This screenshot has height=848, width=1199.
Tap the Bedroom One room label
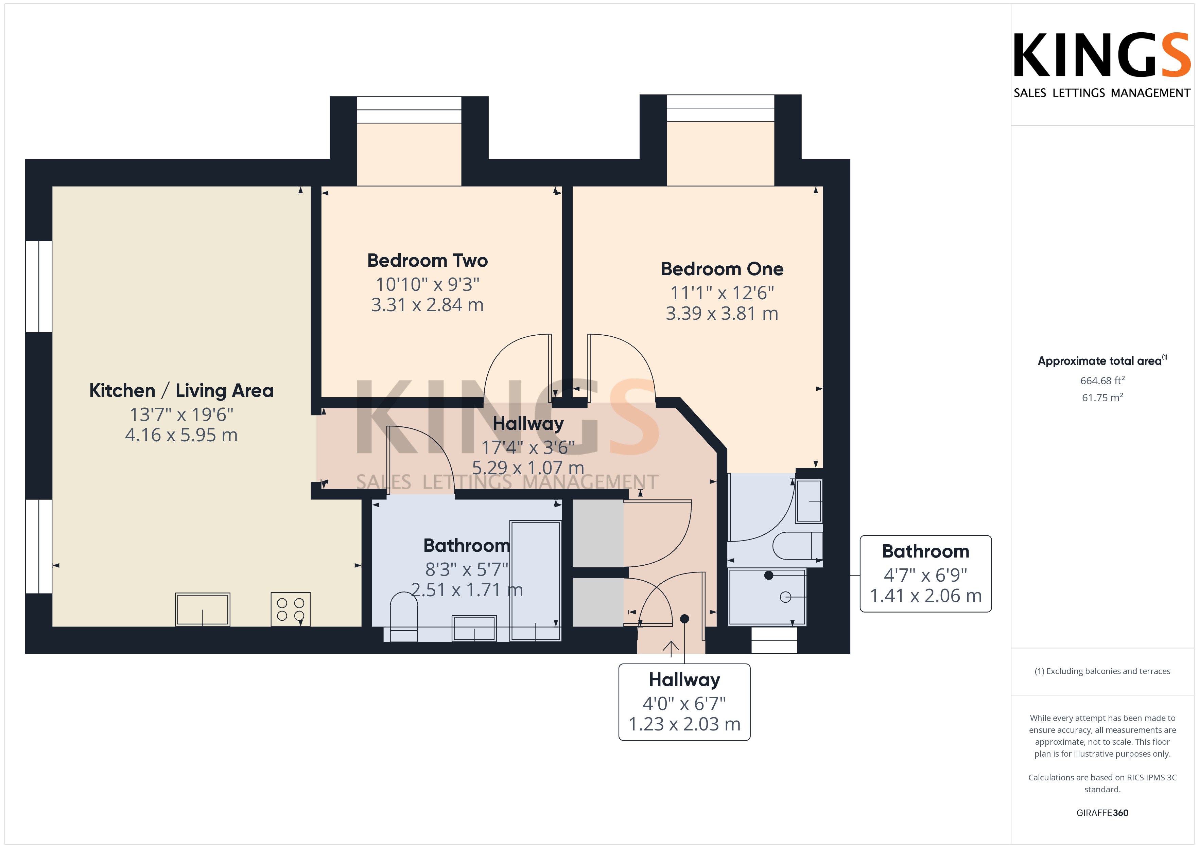pos(722,269)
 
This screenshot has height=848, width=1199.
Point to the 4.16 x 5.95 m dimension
pos(181,435)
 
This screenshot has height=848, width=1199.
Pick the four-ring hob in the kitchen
pos(290,609)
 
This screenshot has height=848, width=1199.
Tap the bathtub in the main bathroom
pos(535,580)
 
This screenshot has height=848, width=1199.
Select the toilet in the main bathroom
pos(404,617)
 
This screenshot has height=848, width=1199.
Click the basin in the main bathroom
pos(474,628)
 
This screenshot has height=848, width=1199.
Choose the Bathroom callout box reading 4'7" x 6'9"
pos(925,573)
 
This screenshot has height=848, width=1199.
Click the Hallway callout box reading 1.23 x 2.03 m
pos(684,702)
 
